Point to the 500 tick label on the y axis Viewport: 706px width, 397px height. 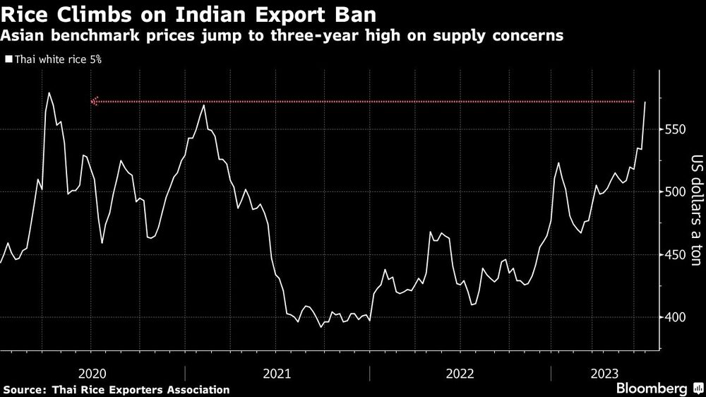[678, 192]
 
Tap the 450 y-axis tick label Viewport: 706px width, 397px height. [678, 255]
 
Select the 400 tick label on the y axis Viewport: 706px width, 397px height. [678, 317]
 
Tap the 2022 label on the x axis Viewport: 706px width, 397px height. [459, 372]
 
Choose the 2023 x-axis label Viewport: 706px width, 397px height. [605, 372]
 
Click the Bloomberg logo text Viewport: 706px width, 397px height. [652, 389]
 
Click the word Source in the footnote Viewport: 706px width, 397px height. [25, 389]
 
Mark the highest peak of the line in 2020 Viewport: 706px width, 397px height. [49, 93]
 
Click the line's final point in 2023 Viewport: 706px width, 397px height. [645, 102]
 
